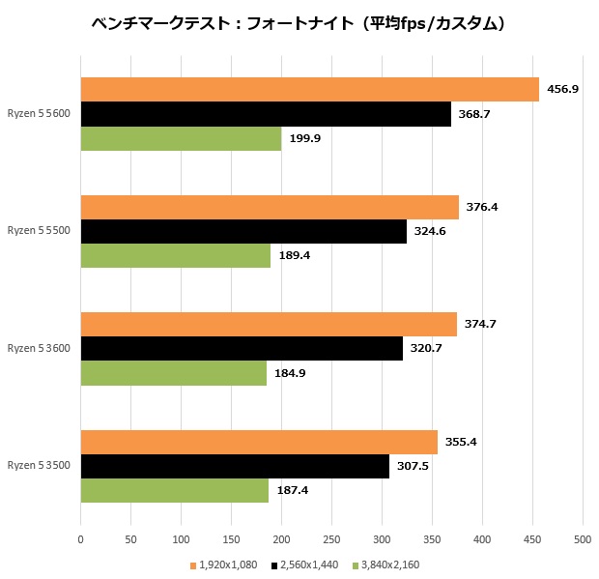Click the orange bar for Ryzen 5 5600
tap(309, 89)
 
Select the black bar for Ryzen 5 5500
tap(243, 232)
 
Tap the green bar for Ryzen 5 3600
tap(174, 373)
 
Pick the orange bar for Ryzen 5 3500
tap(259, 443)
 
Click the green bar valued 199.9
tap(181, 138)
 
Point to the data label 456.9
tap(562, 89)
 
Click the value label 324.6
tap(430, 232)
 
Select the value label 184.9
tap(291, 373)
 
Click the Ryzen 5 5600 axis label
tap(39, 113)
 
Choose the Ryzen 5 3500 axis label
tap(39, 466)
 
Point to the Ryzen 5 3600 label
tap(39, 348)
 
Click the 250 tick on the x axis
tap(331, 538)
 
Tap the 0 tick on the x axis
tap(81, 538)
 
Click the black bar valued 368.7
tap(266, 114)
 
